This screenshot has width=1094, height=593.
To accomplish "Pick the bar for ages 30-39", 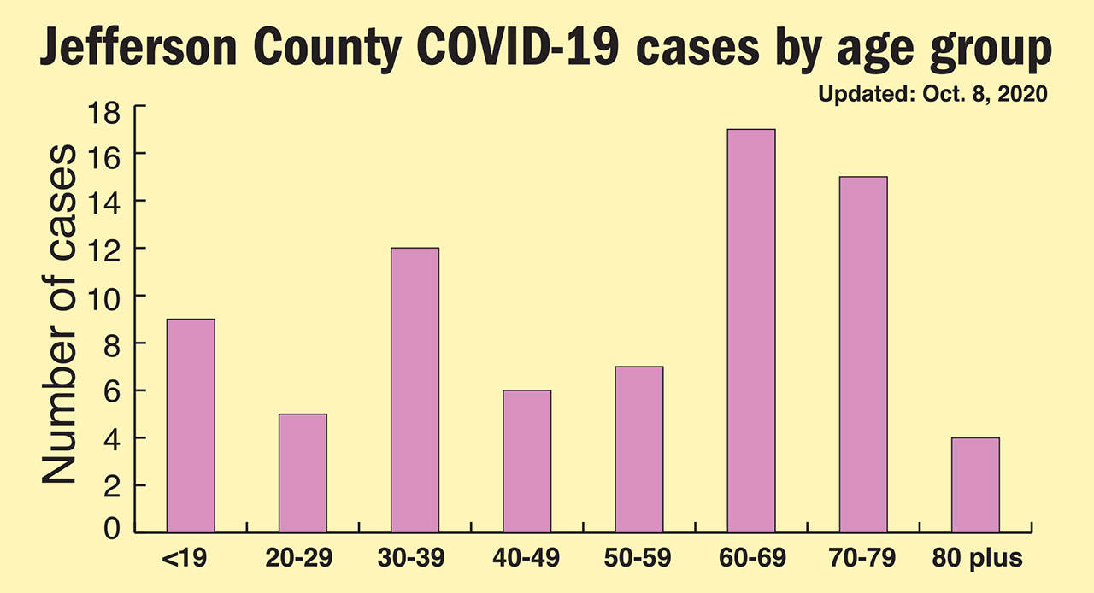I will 415,390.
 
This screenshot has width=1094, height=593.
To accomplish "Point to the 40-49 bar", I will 526,461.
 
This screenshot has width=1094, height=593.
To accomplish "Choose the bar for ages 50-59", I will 638,449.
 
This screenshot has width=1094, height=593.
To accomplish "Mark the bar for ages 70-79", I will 862,355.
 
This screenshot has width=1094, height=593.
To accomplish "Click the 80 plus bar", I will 975,484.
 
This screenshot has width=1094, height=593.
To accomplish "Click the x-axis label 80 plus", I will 975,560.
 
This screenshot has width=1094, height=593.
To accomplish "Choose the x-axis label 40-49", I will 526,560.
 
